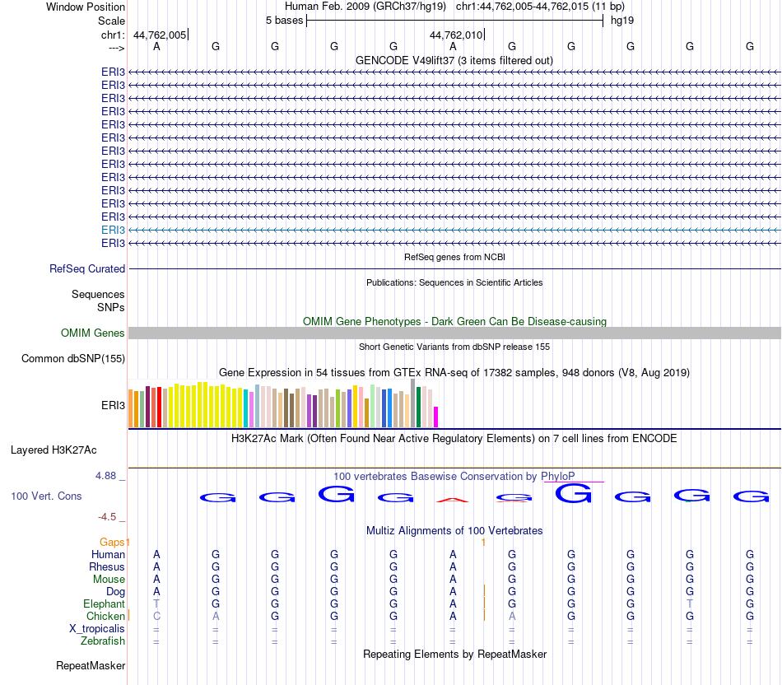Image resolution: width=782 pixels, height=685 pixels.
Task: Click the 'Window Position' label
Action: click(86, 7)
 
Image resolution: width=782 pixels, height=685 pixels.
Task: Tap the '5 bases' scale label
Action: click(284, 20)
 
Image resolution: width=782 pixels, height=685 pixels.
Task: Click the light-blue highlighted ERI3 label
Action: click(113, 230)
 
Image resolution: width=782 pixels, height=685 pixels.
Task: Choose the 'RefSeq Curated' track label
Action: click(87, 268)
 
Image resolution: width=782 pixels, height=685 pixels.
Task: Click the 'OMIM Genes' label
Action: click(93, 333)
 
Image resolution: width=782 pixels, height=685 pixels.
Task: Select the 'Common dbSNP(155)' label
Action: click(73, 358)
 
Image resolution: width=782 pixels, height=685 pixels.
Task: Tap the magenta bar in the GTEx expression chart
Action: click(436, 417)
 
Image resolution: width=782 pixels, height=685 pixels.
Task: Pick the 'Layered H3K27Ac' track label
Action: click(54, 450)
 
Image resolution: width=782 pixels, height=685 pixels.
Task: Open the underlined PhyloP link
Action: click(558, 476)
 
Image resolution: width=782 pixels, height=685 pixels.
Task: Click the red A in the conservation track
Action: click(453, 499)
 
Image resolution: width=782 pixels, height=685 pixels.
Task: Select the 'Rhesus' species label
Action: click(107, 566)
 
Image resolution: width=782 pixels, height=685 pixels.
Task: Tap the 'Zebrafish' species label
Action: click(103, 641)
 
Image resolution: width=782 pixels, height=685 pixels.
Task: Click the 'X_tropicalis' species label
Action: click(97, 628)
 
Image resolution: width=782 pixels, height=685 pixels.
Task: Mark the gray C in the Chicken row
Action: click(156, 616)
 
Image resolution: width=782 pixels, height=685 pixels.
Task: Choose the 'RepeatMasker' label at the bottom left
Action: click(91, 665)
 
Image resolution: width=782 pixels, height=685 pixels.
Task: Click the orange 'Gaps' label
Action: click(114, 541)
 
